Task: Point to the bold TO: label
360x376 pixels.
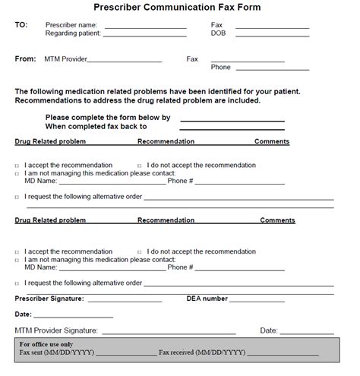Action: [21, 25]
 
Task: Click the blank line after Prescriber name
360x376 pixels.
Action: [145, 27]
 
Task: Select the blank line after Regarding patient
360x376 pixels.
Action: [145, 35]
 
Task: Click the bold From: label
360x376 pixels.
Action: [25, 58]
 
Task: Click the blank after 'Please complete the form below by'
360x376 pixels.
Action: [232, 119]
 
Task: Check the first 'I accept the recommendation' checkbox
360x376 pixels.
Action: [18, 166]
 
